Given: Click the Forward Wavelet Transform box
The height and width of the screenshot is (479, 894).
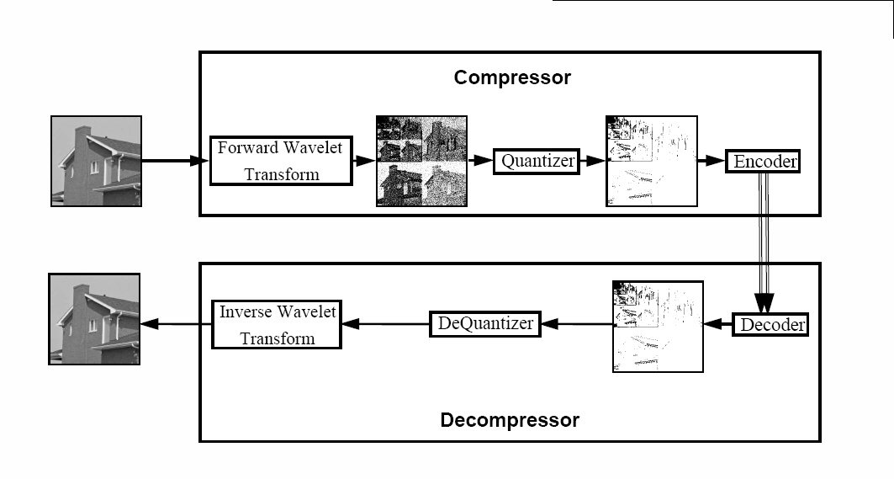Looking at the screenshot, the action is coord(281,161).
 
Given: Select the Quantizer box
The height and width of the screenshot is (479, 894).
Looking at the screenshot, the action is coord(537,162).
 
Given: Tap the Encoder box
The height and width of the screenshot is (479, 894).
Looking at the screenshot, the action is coord(763,161).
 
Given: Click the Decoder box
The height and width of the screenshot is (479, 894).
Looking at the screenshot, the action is coord(770,325).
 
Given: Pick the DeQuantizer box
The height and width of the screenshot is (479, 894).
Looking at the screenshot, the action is coord(484,324).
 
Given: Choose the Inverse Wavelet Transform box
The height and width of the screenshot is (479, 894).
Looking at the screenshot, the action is coord(277,324).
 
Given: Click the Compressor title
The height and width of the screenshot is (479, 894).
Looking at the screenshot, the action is coord(512,77).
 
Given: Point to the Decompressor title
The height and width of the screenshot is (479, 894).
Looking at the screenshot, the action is coord(510,420).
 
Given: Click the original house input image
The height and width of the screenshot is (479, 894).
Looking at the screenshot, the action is coord(97,161).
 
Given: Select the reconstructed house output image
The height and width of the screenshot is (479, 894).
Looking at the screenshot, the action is coord(95,319).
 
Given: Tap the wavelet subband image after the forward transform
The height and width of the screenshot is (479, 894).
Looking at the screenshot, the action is coord(422,161).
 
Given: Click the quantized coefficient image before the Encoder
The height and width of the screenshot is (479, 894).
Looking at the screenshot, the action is coord(652,161).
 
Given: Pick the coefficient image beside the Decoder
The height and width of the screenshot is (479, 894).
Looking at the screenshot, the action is coord(658,327).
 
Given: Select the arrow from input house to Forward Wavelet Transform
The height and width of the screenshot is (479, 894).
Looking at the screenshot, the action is coord(176,161).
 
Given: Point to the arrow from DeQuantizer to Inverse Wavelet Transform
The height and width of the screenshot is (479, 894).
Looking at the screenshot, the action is coord(385,324).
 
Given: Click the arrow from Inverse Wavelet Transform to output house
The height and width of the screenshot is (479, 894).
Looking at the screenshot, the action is coord(176,324).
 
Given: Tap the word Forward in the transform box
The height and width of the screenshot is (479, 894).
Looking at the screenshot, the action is coord(247,148).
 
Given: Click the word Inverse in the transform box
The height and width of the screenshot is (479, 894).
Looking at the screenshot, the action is coord(246,311).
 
